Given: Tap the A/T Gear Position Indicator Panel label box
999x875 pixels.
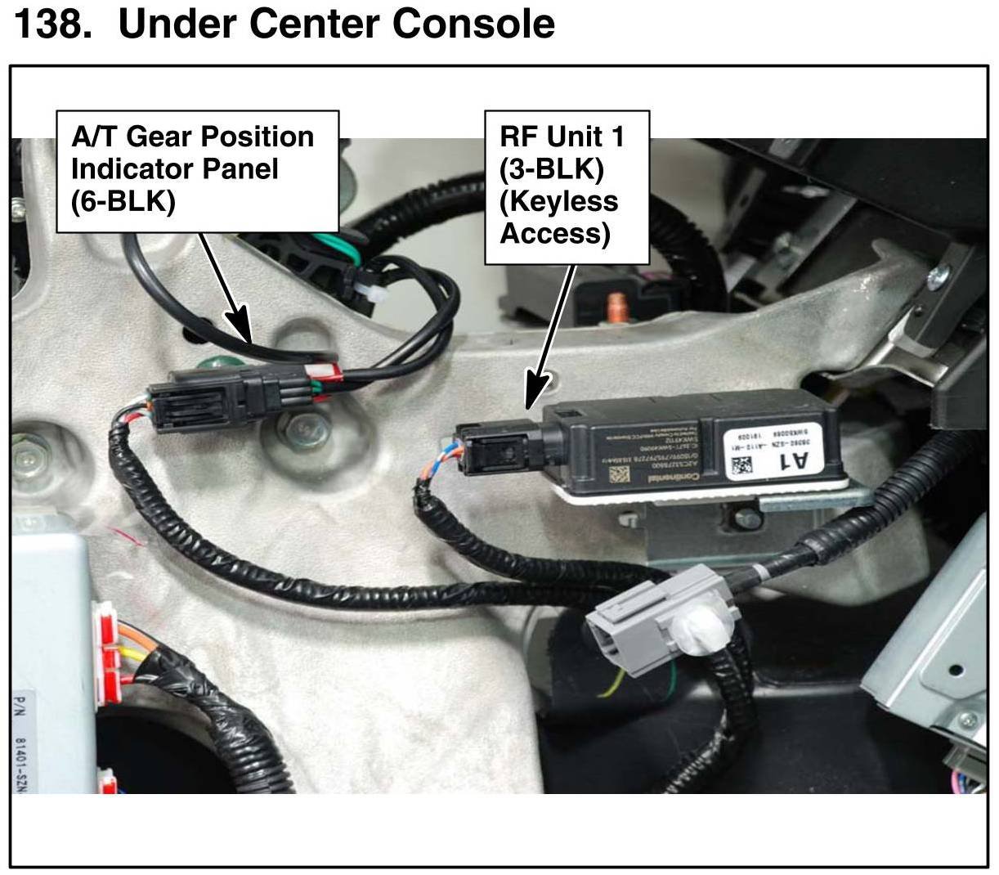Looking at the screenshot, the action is pyautogui.click(x=197, y=171).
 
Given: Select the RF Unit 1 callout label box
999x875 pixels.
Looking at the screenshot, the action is pyautogui.click(x=567, y=187).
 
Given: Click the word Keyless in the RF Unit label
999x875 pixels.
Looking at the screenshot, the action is pyautogui.click(x=558, y=201).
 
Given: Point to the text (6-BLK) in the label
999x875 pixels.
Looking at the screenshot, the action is pyautogui.click(x=123, y=201).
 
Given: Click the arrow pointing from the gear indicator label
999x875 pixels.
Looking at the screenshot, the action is pyautogui.click(x=225, y=286).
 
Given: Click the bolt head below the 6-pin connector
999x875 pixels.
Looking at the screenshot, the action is pyautogui.click(x=303, y=425).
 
